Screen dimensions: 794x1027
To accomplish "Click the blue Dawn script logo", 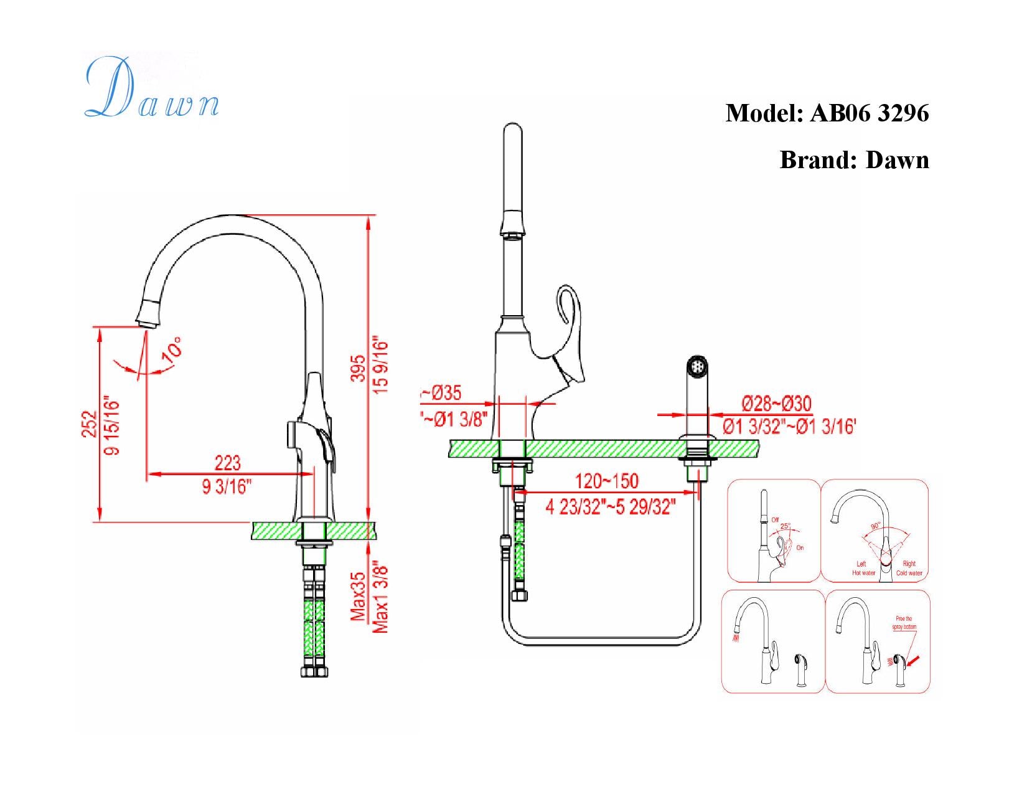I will (151, 89).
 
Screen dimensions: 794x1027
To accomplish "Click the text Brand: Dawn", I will (853, 160).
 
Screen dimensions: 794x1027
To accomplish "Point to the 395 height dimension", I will (358, 368).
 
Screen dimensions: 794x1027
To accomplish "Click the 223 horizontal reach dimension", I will (227, 463).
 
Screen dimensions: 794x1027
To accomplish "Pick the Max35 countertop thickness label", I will (358, 597).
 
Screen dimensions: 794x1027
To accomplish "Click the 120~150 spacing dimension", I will (606, 481).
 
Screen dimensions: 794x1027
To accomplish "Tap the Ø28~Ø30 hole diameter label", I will (776, 404).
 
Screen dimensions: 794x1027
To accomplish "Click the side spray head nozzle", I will (697, 365).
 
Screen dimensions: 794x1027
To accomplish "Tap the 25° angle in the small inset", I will (785, 526).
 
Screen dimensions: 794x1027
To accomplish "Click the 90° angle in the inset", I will (875, 526).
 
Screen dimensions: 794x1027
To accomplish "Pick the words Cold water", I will (909, 573).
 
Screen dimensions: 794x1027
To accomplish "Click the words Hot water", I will (863, 573).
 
